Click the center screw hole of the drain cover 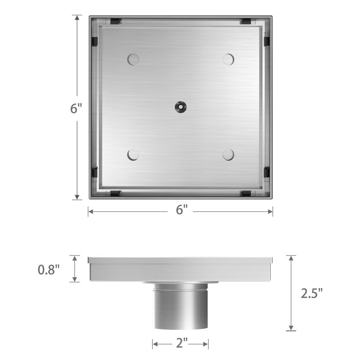click(180, 107)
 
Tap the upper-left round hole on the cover click(133, 59)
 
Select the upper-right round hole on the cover click(228, 59)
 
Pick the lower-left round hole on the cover click(133, 155)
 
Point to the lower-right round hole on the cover click(228, 155)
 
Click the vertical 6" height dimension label click(76, 108)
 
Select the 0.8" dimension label click(49, 270)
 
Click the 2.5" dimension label click(311, 293)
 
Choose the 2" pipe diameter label click(180, 344)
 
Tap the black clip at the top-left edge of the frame click(115, 21)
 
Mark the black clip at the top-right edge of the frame click(246, 21)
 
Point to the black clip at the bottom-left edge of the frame click(115, 193)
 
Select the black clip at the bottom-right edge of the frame click(246, 193)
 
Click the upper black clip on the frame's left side click(94, 41)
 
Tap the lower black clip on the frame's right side click(266, 172)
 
